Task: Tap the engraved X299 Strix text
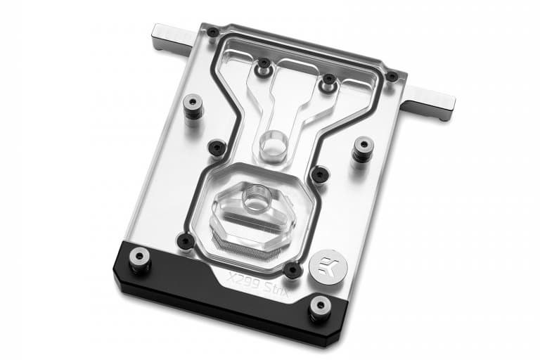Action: click(257, 284)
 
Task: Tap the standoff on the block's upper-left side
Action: click(193, 106)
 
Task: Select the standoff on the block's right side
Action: click(362, 150)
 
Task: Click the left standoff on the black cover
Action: click(139, 261)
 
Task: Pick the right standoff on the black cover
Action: click(320, 309)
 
